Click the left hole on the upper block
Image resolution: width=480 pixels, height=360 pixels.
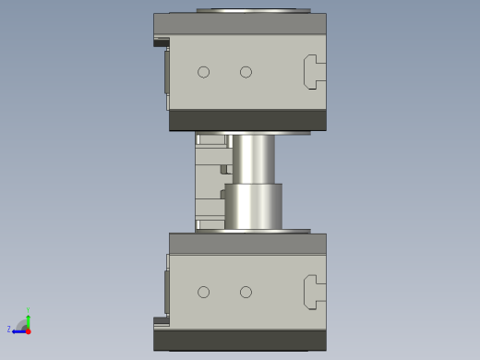[x=203, y=72]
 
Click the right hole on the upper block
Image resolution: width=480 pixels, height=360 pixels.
[x=246, y=72]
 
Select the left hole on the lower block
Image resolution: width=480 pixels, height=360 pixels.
[x=203, y=292]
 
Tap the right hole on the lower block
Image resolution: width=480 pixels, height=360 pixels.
[x=246, y=292]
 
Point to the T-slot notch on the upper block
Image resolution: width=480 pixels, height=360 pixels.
[x=314, y=72]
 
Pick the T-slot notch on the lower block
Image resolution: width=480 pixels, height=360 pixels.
[x=314, y=292]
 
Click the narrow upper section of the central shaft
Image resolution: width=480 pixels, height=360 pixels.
[x=253, y=159]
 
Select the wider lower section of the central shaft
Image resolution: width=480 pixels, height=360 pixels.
[x=253, y=207]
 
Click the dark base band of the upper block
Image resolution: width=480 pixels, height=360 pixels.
[x=247, y=120]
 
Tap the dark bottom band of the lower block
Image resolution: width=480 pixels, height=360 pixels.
[x=240, y=340]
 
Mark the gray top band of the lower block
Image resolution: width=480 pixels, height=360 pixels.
[x=247, y=244]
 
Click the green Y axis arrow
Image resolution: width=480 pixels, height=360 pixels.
[x=28, y=319]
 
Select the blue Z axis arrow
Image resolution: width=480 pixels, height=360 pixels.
[x=18, y=330]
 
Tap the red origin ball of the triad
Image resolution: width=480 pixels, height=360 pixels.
[x=28, y=330]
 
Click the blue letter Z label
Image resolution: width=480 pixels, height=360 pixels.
[x=9, y=330]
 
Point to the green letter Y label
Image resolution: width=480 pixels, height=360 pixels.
[x=28, y=310]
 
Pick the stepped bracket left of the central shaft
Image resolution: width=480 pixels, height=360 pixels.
[x=211, y=182]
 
